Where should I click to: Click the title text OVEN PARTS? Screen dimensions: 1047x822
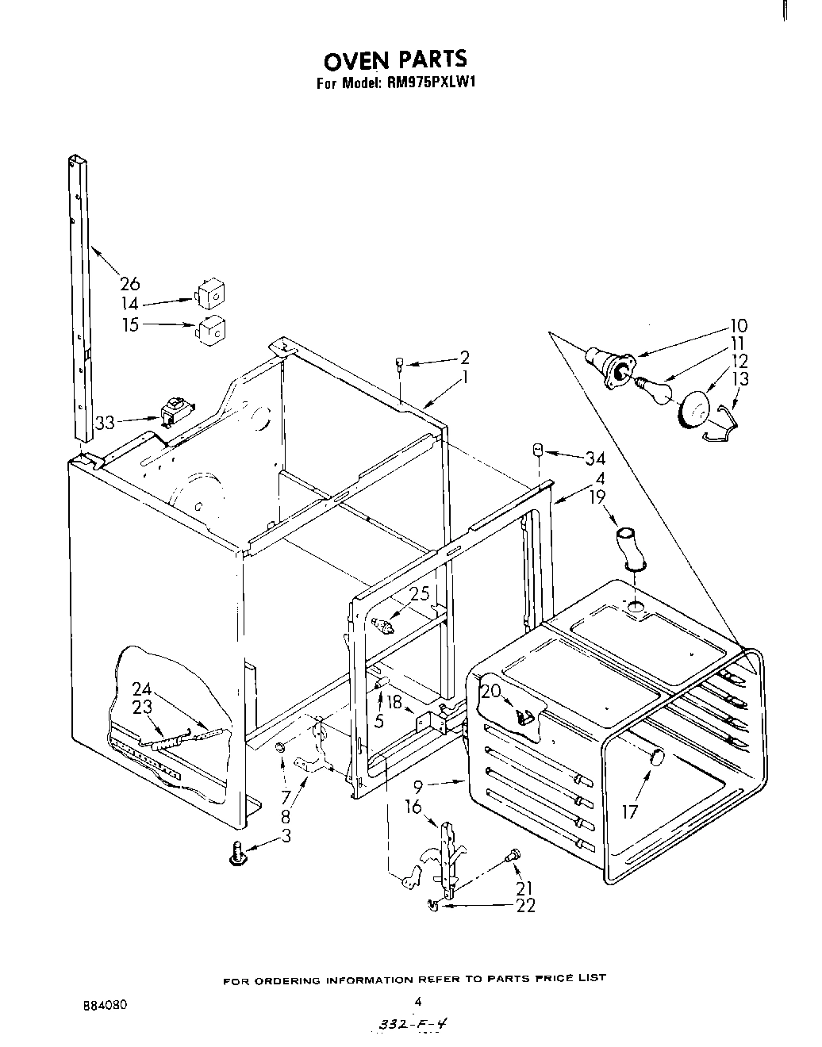pyautogui.click(x=394, y=59)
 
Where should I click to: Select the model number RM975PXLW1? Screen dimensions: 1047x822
pyautogui.click(x=432, y=82)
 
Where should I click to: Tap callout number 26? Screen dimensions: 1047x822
pyautogui.click(x=129, y=282)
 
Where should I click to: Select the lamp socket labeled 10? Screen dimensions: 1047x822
pyautogui.click(x=608, y=366)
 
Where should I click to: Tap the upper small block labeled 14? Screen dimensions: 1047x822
pyautogui.click(x=209, y=294)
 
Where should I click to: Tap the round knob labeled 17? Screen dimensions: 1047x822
pyautogui.click(x=655, y=757)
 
